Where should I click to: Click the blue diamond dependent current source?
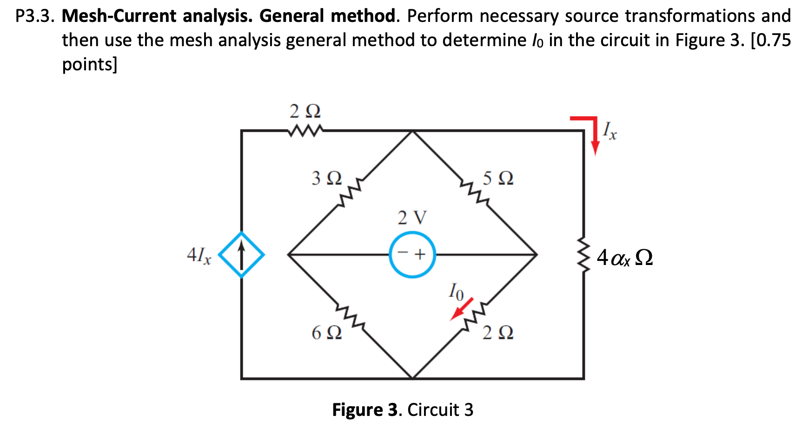click(241, 255)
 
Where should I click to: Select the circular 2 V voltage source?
click(412, 255)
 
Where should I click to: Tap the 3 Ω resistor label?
click(326, 178)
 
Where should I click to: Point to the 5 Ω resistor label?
click(498, 178)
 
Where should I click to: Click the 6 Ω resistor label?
click(326, 333)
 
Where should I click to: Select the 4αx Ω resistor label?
click(624, 258)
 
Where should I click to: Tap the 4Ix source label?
click(199, 256)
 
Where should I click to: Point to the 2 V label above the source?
click(412, 217)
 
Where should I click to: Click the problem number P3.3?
click(35, 16)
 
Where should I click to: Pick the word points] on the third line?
click(90, 64)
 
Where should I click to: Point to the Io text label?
click(456, 291)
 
